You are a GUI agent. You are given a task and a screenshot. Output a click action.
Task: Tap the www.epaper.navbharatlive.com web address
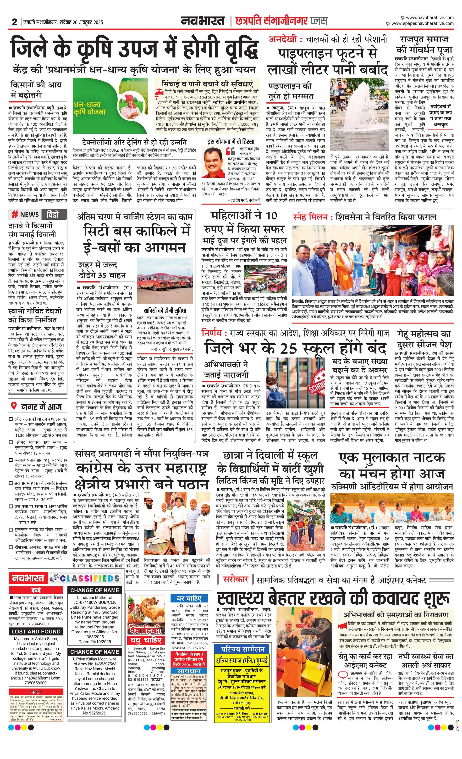[x=422, y=23]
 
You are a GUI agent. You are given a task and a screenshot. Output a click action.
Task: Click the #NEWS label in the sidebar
[x=26, y=214]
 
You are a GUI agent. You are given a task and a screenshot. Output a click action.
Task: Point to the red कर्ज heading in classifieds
[x=36, y=591]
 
